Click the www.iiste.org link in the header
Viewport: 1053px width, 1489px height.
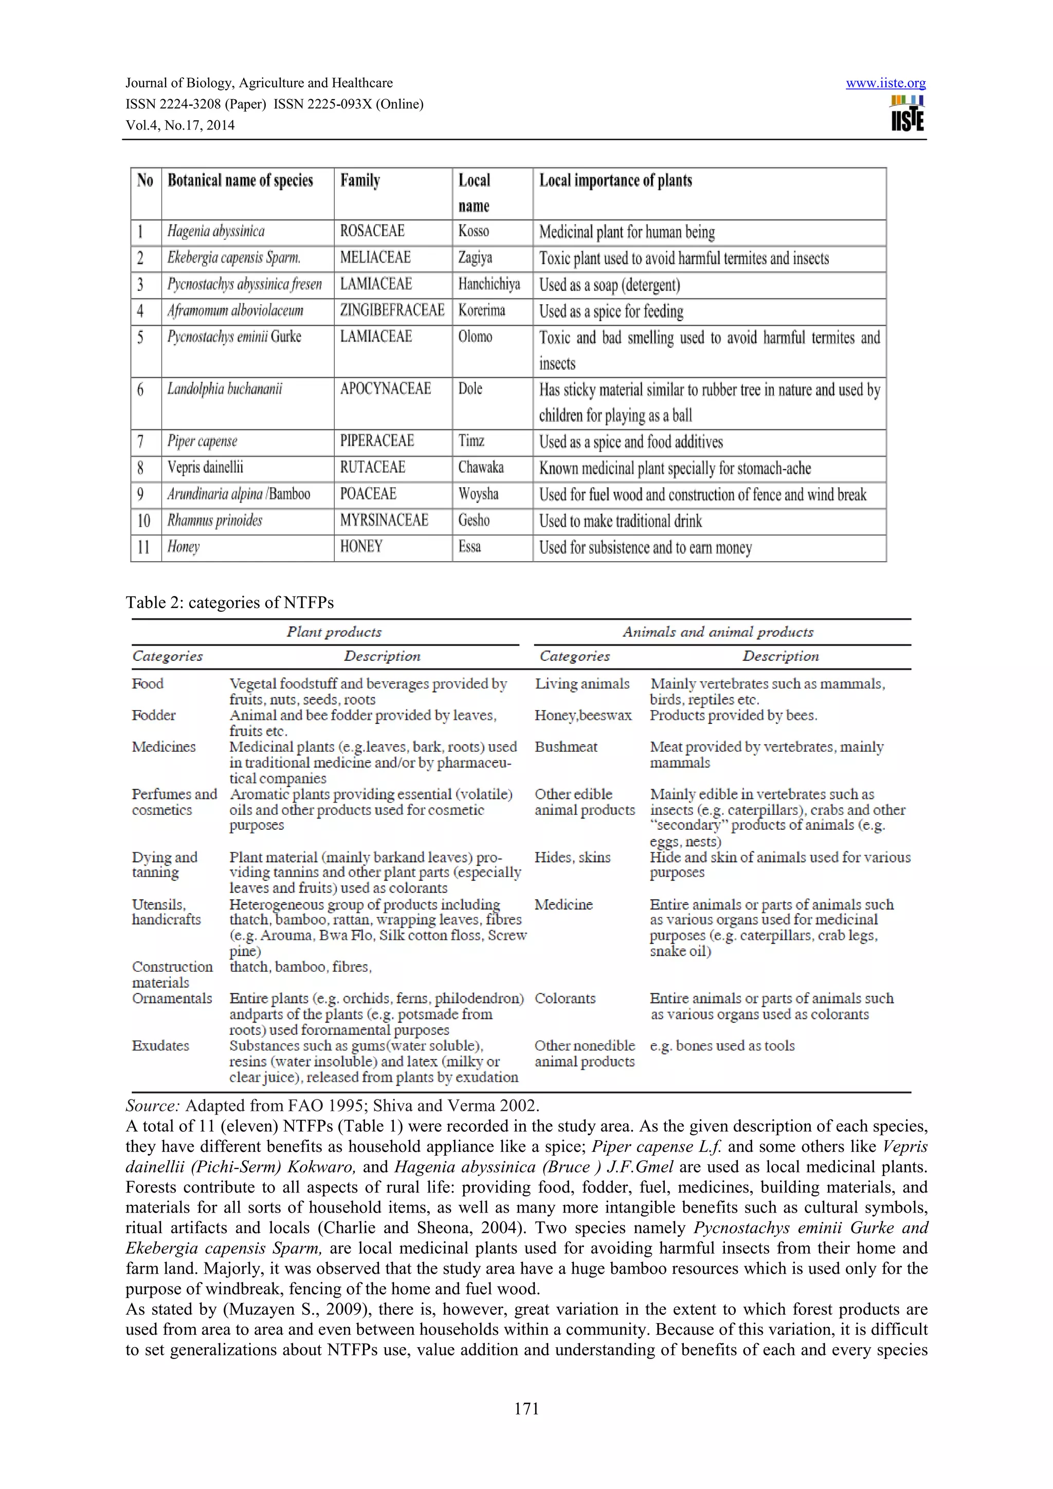tap(885, 83)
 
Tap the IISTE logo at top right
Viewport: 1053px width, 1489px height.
tap(907, 114)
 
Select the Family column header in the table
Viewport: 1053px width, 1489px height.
tap(360, 180)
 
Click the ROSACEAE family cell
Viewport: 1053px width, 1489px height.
tap(372, 232)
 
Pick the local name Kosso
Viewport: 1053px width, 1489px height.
tap(473, 232)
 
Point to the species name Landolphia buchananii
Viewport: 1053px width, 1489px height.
tap(225, 389)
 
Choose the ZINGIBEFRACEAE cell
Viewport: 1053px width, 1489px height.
tap(392, 311)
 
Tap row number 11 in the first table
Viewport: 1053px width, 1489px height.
tap(143, 547)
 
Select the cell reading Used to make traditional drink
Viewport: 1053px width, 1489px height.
tap(620, 521)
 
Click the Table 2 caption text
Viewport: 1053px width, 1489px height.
tap(230, 603)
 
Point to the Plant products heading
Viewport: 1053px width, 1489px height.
tap(334, 631)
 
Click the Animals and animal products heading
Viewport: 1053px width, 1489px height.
tap(718, 631)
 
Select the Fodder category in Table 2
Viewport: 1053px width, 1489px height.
tap(154, 715)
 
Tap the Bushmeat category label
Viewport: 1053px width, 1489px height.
tap(566, 747)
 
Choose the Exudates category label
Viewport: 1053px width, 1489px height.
tap(160, 1046)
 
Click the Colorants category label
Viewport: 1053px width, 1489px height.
tap(565, 998)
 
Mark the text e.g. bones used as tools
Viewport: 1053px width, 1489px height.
tap(722, 1046)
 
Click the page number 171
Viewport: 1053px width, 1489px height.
tap(526, 1408)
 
